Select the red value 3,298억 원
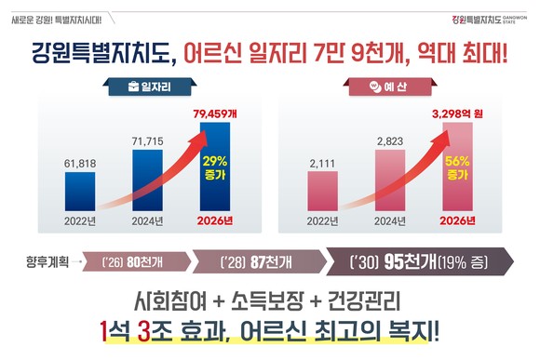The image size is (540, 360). [x=458, y=113]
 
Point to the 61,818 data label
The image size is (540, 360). [x=79, y=162]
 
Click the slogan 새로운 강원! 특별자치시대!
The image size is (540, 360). [x=62, y=18]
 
